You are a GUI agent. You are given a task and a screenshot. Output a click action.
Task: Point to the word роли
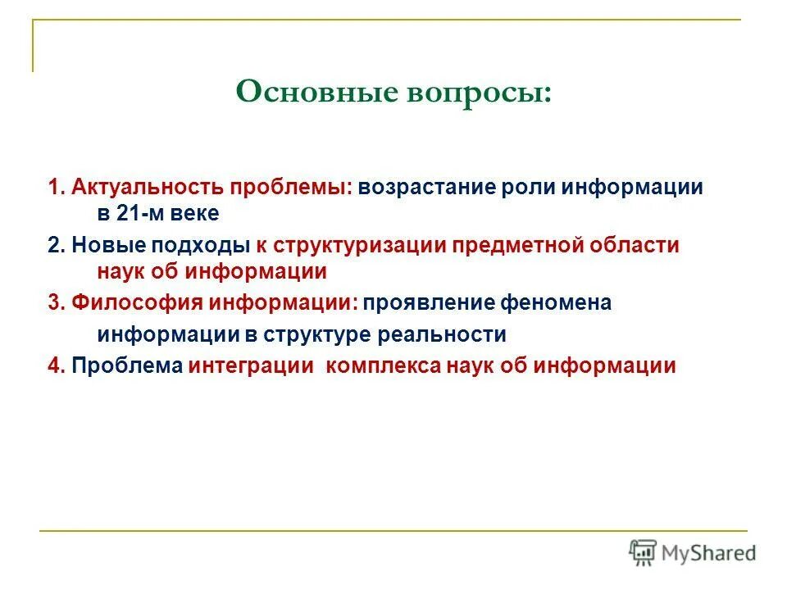point(530,187)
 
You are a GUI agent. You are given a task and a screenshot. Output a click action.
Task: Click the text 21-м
point(144,214)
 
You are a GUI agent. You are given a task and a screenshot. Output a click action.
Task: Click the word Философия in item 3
point(134,303)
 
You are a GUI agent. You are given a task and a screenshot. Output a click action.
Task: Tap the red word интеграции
point(251,365)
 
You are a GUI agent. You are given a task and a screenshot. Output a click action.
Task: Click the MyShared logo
point(693,553)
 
